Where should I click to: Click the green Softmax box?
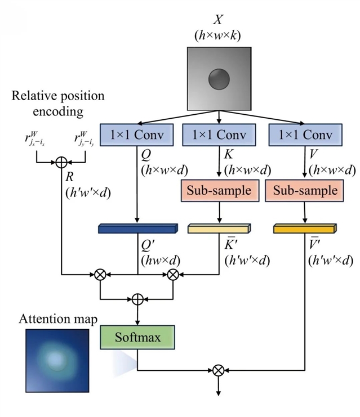137,338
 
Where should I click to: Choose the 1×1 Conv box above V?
305,136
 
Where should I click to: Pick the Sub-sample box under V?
305,190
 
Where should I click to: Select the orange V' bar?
305,228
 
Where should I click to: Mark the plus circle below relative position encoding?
61,162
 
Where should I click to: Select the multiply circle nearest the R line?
100,275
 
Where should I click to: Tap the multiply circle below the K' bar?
174,275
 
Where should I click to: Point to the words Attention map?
59,319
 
